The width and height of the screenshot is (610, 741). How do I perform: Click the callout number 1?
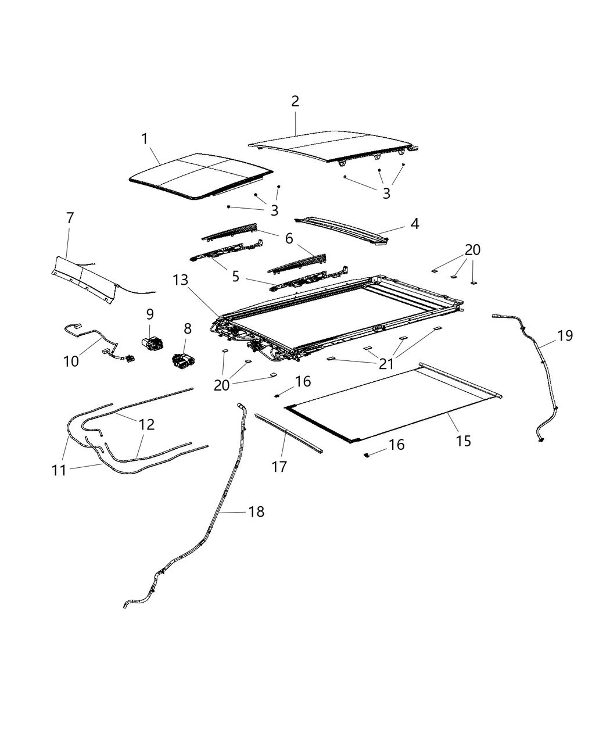click(x=144, y=138)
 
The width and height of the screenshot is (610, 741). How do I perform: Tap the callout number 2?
click(x=295, y=101)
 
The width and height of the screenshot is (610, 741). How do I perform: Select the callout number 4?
click(x=414, y=223)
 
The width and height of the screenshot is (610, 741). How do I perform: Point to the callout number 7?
click(x=70, y=219)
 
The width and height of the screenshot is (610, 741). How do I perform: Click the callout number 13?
click(x=181, y=280)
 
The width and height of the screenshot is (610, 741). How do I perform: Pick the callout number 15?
click(x=463, y=441)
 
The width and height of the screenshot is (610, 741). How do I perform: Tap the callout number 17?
click(x=279, y=466)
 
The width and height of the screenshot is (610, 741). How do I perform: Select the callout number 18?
click(x=256, y=511)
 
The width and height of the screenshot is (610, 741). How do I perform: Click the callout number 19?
click(x=565, y=335)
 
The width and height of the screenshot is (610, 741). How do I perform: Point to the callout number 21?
click(x=386, y=364)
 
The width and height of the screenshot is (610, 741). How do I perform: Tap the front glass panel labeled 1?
click(x=198, y=176)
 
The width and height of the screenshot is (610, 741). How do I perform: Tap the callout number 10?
click(x=71, y=361)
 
